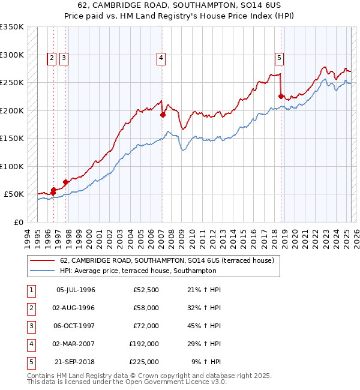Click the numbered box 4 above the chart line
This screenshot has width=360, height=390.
161,58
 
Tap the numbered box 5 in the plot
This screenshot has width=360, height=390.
280,58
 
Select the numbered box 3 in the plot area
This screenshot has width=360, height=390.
64,58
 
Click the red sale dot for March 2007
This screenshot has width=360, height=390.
163,115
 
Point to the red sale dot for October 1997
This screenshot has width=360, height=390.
65,182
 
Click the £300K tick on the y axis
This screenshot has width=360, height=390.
12,55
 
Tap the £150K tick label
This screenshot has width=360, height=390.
12,138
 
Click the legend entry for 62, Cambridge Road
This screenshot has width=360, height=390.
167,260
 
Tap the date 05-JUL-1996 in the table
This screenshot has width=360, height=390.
76,290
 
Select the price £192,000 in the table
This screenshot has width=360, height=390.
144,344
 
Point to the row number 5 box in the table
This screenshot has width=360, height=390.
29,362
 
